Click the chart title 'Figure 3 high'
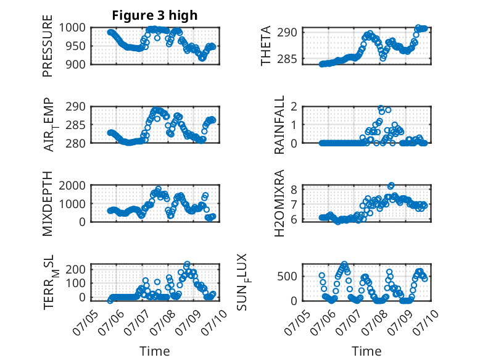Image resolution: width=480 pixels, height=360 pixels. click(x=155, y=15)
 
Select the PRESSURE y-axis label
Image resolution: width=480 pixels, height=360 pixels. click(x=48, y=46)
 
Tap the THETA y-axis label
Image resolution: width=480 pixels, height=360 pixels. click(x=266, y=46)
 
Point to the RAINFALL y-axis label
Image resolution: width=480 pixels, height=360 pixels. click(x=279, y=125)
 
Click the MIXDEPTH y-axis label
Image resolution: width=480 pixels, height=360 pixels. click(x=48, y=204)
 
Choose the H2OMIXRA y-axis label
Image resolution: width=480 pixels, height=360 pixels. click(x=279, y=203)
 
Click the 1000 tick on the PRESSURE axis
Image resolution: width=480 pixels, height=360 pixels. click(x=72, y=28)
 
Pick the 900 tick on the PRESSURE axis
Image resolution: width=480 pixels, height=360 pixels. click(x=76, y=64)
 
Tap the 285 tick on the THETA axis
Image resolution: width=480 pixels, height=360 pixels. click(x=287, y=59)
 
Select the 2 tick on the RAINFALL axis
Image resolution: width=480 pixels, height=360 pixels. click(x=294, y=107)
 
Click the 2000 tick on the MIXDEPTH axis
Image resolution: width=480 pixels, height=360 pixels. click(x=72, y=185)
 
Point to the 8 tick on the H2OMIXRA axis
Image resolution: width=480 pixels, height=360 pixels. click(x=294, y=190)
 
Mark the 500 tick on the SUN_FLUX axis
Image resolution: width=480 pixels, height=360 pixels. click(x=287, y=277)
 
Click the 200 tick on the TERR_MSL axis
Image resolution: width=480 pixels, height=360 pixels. click(x=76, y=269)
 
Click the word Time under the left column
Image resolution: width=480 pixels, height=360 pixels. click(x=155, y=351)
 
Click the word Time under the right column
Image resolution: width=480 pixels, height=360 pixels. click(x=366, y=351)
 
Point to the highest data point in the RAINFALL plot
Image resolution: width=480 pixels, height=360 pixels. click(x=381, y=108)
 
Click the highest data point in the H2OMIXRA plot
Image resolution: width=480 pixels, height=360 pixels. click(x=391, y=185)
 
